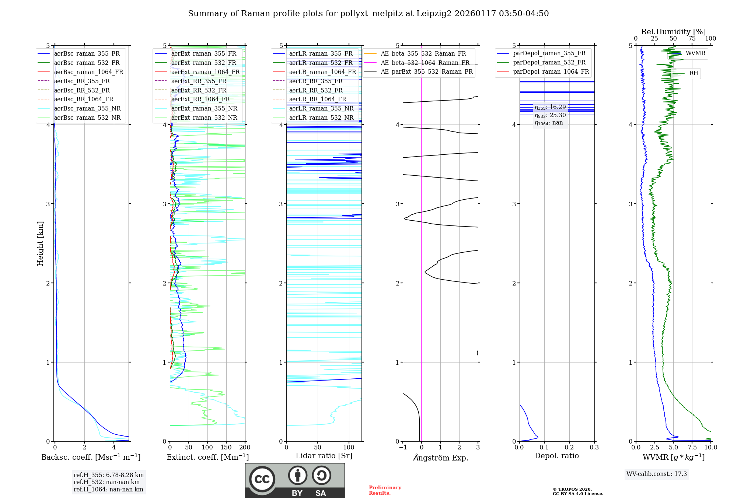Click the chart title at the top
click(368, 14)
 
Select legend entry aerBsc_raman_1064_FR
click(88, 72)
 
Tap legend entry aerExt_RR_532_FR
click(199, 90)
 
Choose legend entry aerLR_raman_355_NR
click(321, 108)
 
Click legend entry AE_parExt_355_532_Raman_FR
click(426, 71)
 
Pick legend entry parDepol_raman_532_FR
click(549, 63)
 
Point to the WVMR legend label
click(695, 53)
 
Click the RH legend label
click(694, 73)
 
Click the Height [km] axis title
click(40, 244)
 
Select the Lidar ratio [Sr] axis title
click(324, 456)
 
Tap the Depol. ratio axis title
click(556, 456)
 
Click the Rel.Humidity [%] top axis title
click(673, 32)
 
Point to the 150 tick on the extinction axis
click(226, 448)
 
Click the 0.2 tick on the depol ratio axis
click(569, 448)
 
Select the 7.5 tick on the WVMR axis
click(692, 448)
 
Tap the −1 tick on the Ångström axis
click(402, 448)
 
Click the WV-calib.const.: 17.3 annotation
click(656, 474)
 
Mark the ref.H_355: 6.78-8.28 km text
click(108, 475)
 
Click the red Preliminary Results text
click(385, 490)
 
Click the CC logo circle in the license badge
click(262, 479)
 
